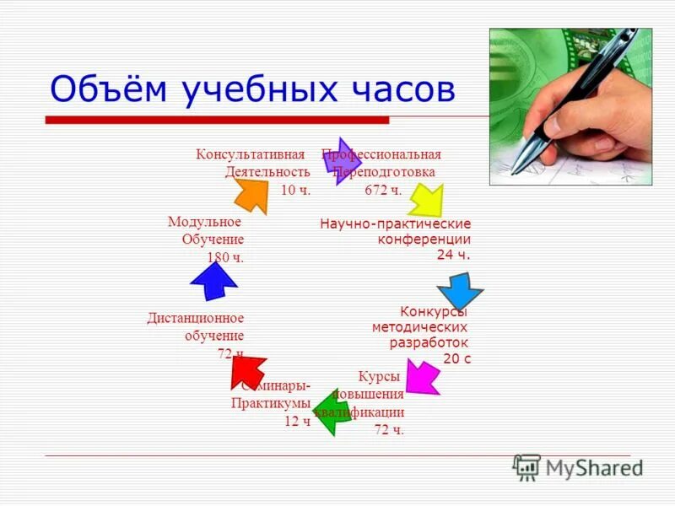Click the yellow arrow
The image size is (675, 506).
426,201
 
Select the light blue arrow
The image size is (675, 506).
461,292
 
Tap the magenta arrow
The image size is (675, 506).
422,375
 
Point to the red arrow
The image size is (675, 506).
248,370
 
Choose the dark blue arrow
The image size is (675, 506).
214,281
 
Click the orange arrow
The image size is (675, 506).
251,194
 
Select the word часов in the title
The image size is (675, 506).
397,89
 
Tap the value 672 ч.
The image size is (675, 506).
384,190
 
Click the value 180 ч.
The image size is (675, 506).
224,257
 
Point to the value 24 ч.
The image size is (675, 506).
453,255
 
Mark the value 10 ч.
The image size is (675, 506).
295,190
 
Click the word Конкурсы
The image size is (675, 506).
434,311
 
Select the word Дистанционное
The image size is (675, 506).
195,318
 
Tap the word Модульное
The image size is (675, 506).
204,222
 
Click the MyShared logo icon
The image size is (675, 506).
526,466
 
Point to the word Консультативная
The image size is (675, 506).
250,154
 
